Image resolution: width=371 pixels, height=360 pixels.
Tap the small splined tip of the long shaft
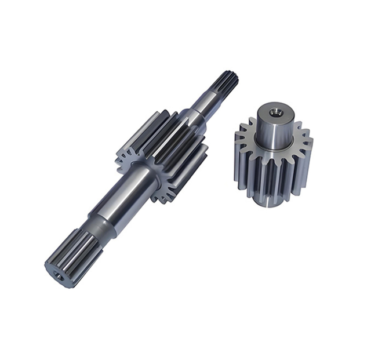(x=227, y=81)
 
